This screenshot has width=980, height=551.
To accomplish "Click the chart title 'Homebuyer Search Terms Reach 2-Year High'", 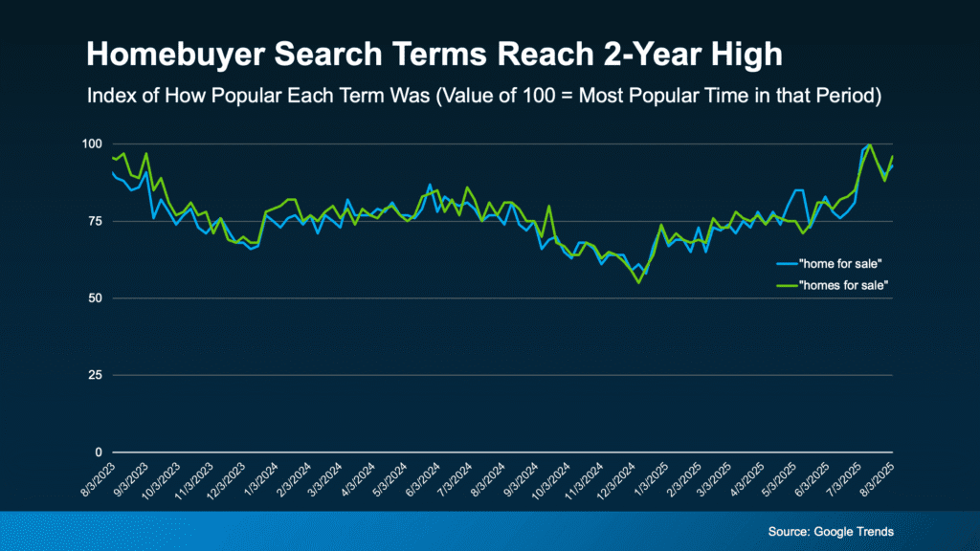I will (434, 55).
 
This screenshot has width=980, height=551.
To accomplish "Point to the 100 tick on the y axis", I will (91, 144).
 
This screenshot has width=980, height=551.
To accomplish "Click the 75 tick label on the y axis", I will (94, 221).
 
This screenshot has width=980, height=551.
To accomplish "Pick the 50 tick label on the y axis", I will (94, 298).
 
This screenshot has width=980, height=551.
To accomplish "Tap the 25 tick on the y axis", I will (94, 375).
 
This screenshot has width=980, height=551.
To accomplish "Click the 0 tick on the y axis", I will (97, 452).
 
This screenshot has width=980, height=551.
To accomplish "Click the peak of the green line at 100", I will (869, 144).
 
